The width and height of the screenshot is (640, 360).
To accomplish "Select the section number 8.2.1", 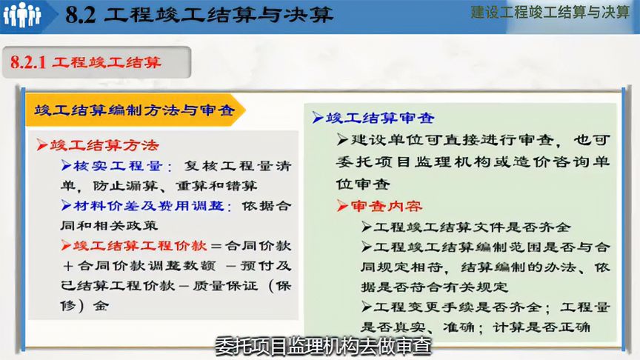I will [30, 63].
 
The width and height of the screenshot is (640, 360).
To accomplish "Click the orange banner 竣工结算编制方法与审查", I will [134, 110].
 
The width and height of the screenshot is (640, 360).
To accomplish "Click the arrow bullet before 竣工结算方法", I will [42, 144].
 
